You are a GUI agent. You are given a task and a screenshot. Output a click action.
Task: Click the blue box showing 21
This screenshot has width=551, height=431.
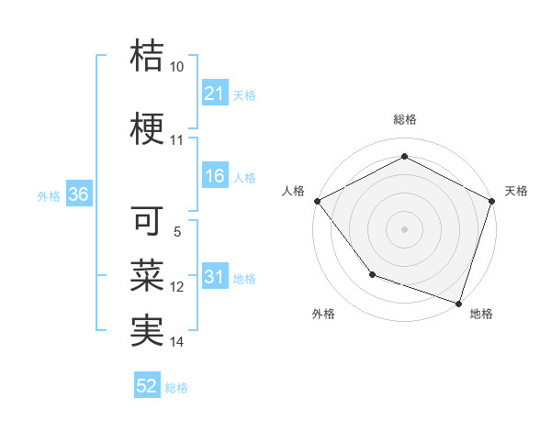pyautogui.click(x=215, y=94)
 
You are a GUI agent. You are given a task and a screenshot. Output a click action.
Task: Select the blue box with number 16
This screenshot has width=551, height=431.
pyautogui.click(x=215, y=177)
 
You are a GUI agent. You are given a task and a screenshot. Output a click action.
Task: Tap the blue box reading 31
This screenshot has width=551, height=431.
pyautogui.click(x=215, y=278)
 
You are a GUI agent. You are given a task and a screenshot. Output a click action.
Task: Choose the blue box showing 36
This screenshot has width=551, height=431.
pyautogui.click(x=78, y=194)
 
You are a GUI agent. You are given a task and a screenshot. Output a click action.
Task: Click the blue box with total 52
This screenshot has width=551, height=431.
pyautogui.click(x=147, y=387)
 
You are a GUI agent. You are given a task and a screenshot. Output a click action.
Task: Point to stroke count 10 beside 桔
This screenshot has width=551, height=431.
pyautogui.click(x=177, y=67)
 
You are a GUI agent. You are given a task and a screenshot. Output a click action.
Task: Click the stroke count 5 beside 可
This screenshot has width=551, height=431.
pyautogui.click(x=177, y=232)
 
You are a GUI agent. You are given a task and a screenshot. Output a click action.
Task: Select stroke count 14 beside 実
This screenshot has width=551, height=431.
pyautogui.click(x=177, y=342)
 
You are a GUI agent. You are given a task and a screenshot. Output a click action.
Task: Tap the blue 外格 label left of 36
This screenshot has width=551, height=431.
pyautogui.click(x=49, y=195)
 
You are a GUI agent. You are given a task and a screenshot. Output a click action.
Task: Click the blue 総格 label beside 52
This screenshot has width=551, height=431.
pyautogui.click(x=176, y=388)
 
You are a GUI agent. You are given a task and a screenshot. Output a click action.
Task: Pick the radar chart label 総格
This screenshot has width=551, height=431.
pyautogui.click(x=404, y=119)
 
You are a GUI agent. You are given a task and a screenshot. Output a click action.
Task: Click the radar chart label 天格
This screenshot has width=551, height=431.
pyautogui.click(x=516, y=191)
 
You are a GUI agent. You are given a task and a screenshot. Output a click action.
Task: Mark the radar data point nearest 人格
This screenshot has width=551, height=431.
pyautogui.click(x=317, y=200)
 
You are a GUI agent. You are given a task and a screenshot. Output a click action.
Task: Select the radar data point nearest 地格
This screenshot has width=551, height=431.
pyautogui.click(x=458, y=303)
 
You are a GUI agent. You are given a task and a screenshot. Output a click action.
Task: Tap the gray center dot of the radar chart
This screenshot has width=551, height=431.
pyautogui.click(x=404, y=228)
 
